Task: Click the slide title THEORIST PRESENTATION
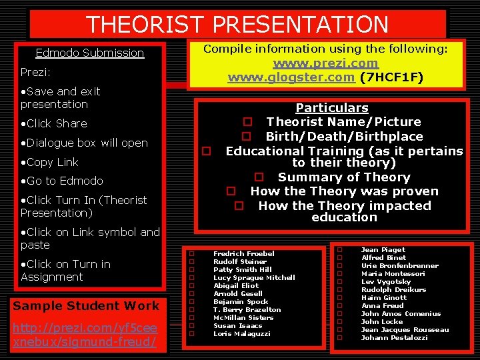click(x=237, y=25)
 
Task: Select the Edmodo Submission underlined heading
click(x=89, y=53)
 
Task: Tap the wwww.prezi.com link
click(x=325, y=63)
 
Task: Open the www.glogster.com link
click(x=291, y=77)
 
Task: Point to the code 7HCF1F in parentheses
click(x=391, y=77)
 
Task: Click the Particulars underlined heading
click(x=331, y=108)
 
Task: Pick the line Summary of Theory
click(x=343, y=177)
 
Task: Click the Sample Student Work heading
click(x=87, y=306)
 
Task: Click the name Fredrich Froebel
click(x=243, y=254)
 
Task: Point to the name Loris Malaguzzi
click(x=241, y=333)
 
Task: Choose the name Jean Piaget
click(x=383, y=250)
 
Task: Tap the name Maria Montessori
click(x=393, y=274)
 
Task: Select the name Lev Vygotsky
click(x=387, y=282)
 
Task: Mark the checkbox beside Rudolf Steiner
click(x=191, y=262)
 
